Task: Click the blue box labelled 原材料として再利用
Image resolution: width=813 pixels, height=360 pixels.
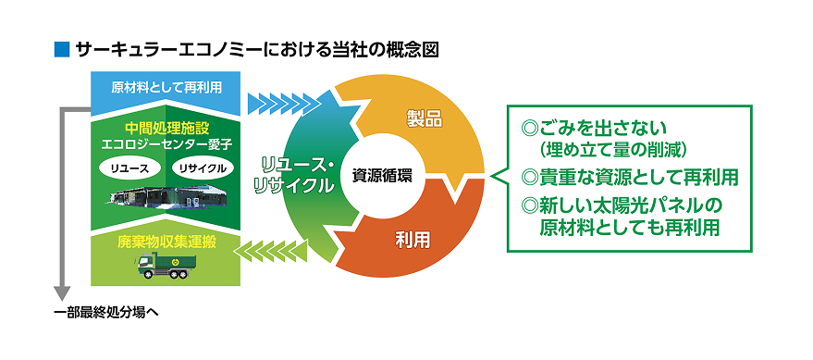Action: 166,90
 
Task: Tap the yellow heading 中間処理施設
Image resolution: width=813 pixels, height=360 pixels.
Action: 166,128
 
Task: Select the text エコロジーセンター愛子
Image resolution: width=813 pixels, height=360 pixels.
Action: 166,145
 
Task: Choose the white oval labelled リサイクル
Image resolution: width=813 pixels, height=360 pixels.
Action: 202,168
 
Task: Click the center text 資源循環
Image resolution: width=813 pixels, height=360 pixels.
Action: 383,173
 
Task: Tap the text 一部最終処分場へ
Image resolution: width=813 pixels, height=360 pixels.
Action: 107,311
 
